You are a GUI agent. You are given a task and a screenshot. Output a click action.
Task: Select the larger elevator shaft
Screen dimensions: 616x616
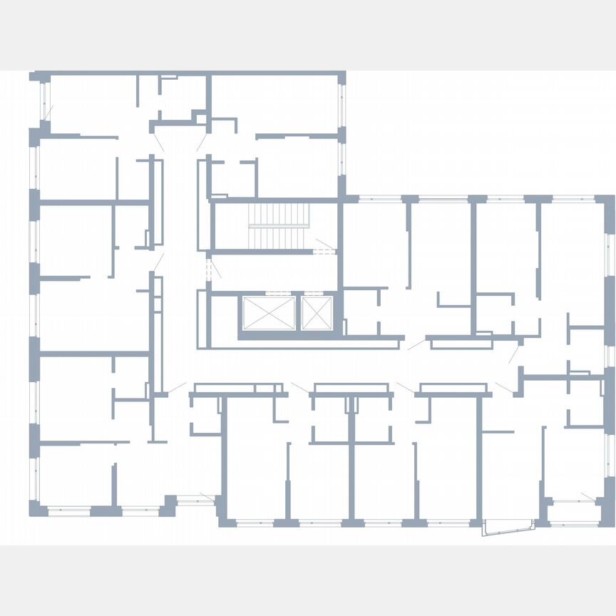point(268,314)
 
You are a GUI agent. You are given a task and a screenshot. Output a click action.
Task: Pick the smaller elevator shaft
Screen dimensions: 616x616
point(316,314)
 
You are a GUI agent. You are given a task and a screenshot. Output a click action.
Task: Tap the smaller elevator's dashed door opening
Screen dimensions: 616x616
point(316,293)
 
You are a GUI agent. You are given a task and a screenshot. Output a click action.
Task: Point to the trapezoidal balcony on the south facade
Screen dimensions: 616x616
point(508,527)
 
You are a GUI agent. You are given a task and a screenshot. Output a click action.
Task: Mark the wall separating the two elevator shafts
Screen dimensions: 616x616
point(299,314)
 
